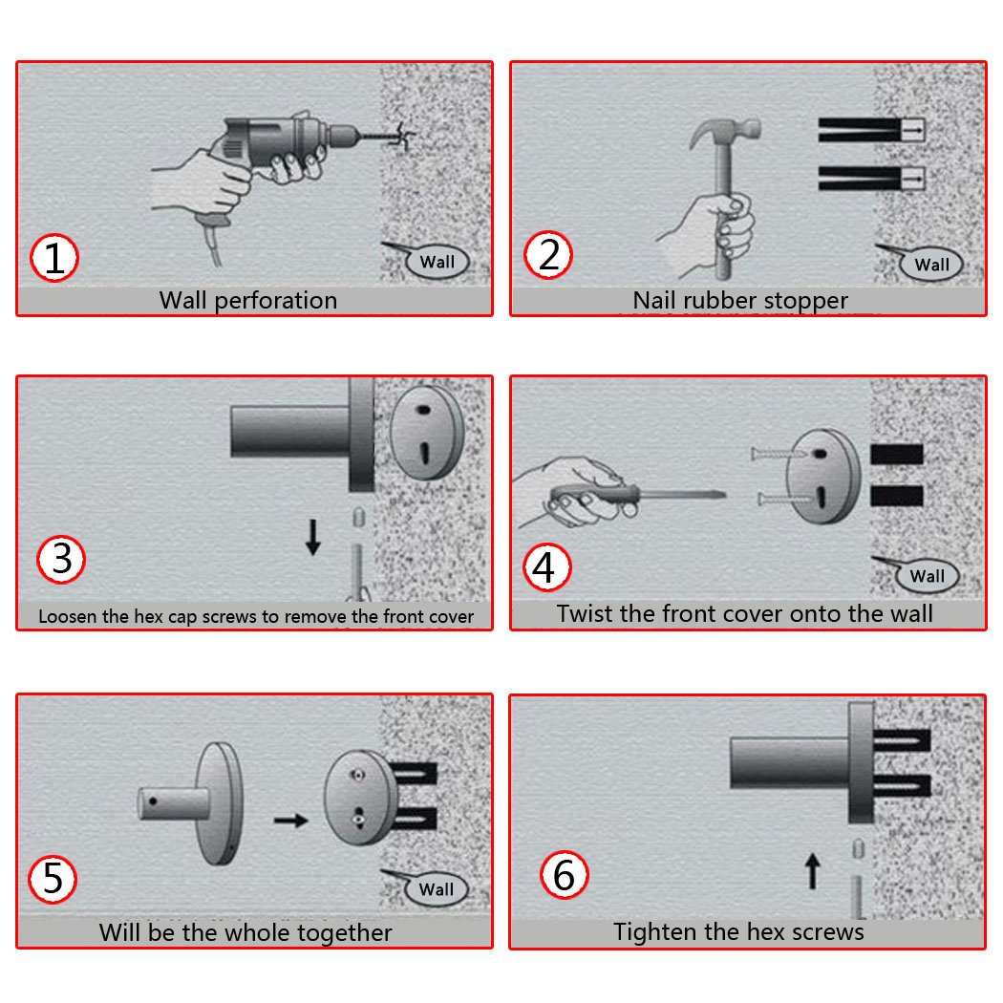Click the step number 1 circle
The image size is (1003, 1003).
[54, 258]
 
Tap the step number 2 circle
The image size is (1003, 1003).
[548, 255]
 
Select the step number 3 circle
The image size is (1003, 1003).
[61, 559]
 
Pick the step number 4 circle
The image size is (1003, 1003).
[547, 566]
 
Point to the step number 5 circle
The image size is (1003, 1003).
[53, 879]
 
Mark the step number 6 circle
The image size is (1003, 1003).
[564, 874]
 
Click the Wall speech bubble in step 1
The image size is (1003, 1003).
[437, 261]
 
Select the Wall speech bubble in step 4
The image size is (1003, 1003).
[927, 576]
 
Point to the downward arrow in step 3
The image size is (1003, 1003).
[312, 537]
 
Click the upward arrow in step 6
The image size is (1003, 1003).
[812, 870]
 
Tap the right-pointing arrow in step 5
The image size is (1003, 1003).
[291, 820]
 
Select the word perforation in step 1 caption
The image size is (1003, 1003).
[276, 301]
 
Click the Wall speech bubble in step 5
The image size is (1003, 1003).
[437, 888]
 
